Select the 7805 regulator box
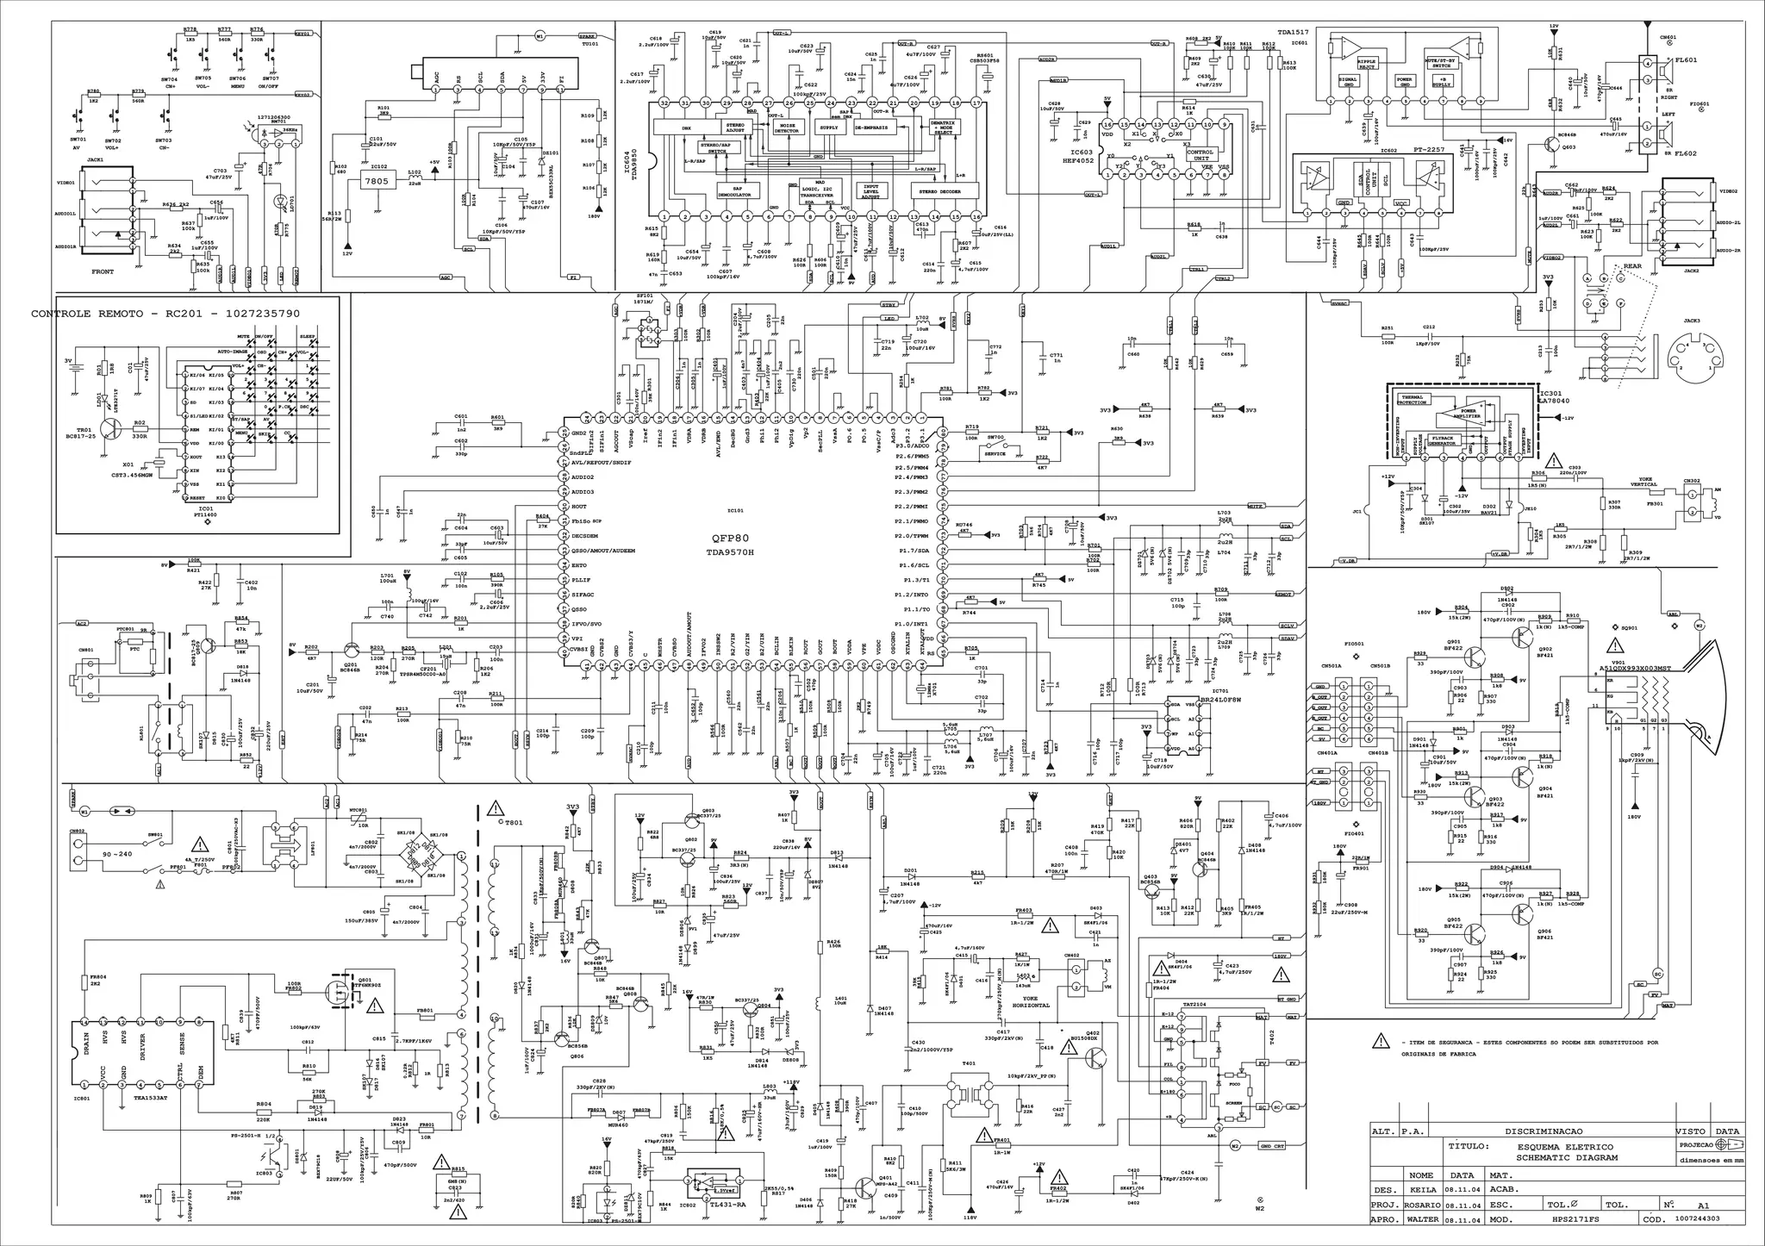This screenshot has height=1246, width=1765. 377,181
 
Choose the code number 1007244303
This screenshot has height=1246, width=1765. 1700,1219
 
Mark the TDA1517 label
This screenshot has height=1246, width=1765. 1293,31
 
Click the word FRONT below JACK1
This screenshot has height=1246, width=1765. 103,271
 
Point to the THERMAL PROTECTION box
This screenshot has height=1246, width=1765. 1417,400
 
